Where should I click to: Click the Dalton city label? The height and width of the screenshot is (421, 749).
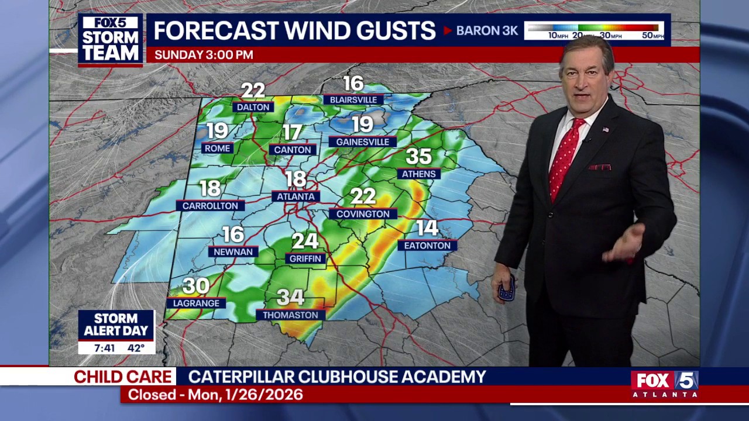point(253,107)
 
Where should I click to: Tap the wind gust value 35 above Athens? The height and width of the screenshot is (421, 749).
point(418,157)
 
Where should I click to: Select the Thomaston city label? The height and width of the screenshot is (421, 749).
point(290,315)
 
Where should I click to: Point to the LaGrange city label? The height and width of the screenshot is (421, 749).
point(196,303)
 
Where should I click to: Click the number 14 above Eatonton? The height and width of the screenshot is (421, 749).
point(427,228)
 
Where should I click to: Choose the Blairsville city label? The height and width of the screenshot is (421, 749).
point(353,99)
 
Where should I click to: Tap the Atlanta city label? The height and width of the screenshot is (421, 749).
point(296,196)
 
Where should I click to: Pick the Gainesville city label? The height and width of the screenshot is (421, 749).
point(363,142)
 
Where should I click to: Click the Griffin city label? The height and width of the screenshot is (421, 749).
point(305,258)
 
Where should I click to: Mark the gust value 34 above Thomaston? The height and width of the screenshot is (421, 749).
point(290,298)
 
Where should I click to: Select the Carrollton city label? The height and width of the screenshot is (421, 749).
point(210,206)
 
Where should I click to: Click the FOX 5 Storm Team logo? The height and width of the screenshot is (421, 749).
point(111,39)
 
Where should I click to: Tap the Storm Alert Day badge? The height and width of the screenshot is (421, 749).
point(116,325)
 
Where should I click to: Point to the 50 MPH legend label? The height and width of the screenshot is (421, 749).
point(652,36)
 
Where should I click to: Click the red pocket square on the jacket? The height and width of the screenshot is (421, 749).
point(600,167)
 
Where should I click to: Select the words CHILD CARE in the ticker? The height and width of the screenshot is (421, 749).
point(123,377)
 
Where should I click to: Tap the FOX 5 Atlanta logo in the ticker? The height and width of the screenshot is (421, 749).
point(665,384)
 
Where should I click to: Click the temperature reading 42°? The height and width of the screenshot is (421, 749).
point(136,348)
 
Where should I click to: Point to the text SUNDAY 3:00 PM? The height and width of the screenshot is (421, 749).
point(204,55)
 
